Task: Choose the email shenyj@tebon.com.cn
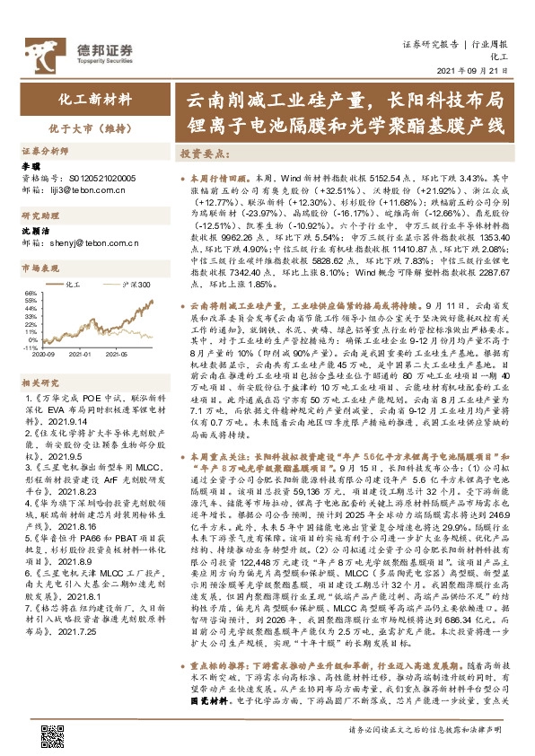97,242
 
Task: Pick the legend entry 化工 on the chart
75,284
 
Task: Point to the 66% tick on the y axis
30,292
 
